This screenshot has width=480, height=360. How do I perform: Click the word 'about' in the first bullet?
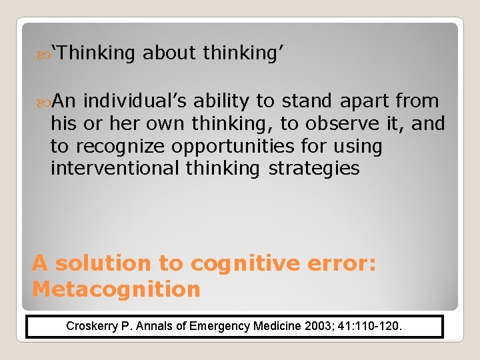[x=171, y=53]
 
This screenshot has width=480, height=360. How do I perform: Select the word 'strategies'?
[x=314, y=169]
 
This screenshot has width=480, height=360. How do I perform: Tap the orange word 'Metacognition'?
[x=116, y=289]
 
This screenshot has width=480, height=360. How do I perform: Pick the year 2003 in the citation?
[x=317, y=327]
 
